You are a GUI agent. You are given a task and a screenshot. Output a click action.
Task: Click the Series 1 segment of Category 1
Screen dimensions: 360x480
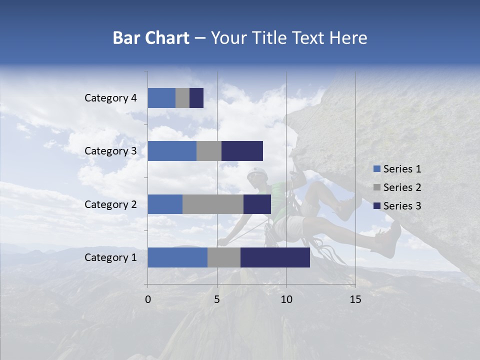coord(177,257)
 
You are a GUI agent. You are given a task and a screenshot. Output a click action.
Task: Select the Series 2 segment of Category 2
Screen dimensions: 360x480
coord(213,204)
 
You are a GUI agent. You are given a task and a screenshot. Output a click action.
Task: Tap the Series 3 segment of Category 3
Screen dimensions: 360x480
coord(242,151)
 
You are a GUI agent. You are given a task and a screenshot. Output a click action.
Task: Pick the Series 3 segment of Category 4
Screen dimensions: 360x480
coord(196,98)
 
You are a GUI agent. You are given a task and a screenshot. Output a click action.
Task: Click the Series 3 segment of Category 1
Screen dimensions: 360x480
coord(275,257)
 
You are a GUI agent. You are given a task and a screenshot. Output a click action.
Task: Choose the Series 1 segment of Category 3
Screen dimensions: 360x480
coord(172,151)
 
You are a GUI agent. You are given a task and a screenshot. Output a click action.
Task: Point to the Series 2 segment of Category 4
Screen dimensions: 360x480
coord(182,98)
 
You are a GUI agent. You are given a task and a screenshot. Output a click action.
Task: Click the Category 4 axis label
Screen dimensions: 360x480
coord(110,98)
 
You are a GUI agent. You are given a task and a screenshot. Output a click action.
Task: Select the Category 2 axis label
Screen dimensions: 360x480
coord(110,204)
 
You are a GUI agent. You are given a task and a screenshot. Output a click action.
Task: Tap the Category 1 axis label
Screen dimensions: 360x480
coord(110,257)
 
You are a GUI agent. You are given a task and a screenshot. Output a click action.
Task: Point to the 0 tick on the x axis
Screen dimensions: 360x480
coord(148,299)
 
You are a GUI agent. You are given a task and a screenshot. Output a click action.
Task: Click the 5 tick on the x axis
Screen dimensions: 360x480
coord(217,299)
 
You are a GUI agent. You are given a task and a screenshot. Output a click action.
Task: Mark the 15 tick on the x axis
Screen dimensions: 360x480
coord(355,299)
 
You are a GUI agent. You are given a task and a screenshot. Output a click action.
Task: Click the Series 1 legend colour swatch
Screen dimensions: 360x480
coord(376,169)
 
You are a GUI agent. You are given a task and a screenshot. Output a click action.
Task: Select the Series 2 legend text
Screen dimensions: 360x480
coord(402,187)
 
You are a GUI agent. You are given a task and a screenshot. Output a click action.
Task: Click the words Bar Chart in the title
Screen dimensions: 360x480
coord(151,38)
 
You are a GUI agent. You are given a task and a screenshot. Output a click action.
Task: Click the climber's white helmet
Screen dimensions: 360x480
coord(257,173)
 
